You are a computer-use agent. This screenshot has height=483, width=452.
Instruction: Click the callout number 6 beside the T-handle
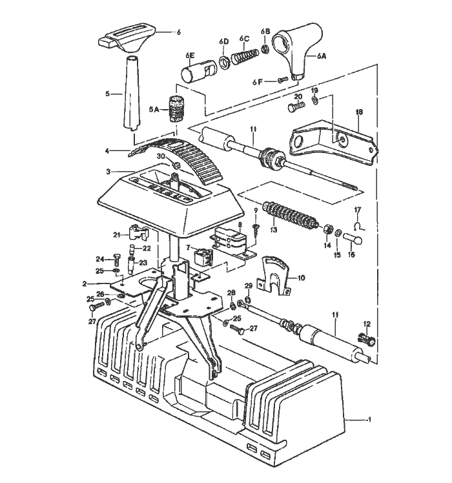coord(179,32)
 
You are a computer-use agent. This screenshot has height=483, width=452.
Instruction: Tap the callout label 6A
coord(322,57)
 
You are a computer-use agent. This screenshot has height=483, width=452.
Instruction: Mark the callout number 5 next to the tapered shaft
coord(108,94)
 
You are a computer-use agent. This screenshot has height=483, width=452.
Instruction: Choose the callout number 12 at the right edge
coord(367,324)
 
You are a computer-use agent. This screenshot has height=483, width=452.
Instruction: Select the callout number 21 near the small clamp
coord(117,234)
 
